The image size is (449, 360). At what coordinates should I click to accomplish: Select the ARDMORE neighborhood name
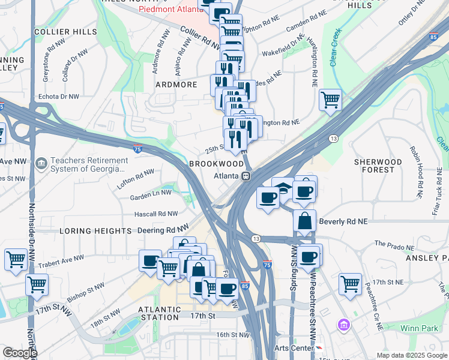pyautogui.click(x=176, y=85)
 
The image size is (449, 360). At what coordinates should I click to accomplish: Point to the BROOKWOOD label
pyautogui.click(x=211, y=163)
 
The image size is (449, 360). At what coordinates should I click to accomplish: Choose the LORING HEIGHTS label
pyautogui.click(x=95, y=231)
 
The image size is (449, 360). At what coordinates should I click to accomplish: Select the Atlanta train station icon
pyautogui.click(x=246, y=176)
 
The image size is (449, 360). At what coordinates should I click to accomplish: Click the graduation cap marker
pyautogui.click(x=283, y=187)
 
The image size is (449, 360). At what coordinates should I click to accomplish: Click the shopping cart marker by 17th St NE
pyautogui.click(x=350, y=284)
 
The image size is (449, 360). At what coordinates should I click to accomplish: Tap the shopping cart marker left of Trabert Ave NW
pyautogui.click(x=16, y=259)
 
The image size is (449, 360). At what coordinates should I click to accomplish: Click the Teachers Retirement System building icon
pyautogui.click(x=41, y=163)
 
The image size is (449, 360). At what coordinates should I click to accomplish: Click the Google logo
pyautogui.click(x=19, y=353)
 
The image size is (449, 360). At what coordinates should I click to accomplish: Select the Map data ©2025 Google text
pyautogui.click(x=411, y=355)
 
